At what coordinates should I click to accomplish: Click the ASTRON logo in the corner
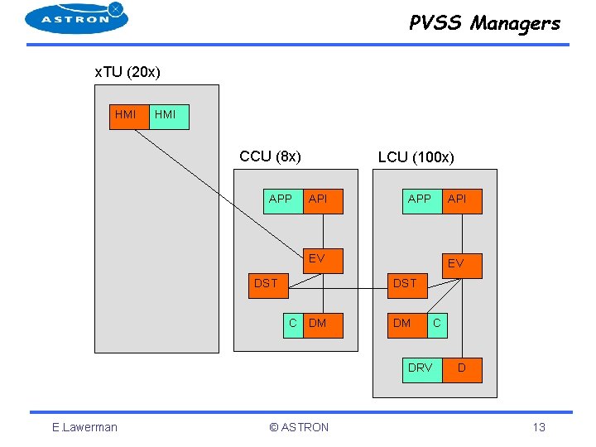(76, 18)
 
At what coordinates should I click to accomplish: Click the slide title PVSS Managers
(484, 23)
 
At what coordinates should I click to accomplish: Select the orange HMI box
(129, 117)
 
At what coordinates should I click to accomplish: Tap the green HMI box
(169, 117)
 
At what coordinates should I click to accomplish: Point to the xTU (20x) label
(127, 72)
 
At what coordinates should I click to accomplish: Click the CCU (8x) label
(270, 156)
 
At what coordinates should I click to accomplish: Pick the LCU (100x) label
(416, 157)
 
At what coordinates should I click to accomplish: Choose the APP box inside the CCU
(283, 201)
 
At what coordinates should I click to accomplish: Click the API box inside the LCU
(462, 201)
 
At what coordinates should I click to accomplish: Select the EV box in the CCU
(323, 261)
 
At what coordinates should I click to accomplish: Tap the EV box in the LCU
(462, 266)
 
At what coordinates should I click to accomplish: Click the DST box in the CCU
(269, 286)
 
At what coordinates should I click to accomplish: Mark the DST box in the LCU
(408, 286)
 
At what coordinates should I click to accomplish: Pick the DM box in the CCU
(323, 326)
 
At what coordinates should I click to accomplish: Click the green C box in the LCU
(438, 326)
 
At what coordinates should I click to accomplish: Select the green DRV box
(422, 370)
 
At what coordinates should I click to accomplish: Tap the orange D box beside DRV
(462, 370)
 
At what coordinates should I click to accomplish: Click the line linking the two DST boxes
(339, 289)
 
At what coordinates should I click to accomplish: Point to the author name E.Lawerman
(84, 427)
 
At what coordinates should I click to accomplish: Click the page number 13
(539, 427)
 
